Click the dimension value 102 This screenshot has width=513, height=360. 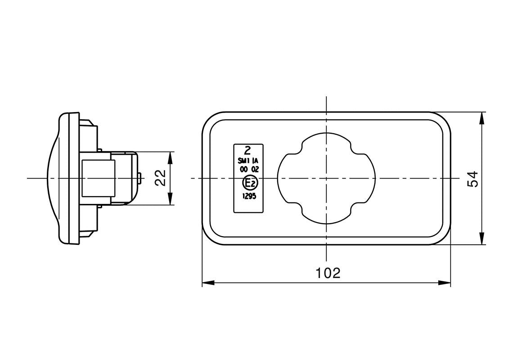pos(328,273)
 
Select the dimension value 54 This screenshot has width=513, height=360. pos(472,179)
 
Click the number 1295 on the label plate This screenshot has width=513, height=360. pos(249,196)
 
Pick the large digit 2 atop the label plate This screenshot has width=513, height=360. pos(247,150)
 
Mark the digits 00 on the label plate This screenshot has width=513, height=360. pos(243,170)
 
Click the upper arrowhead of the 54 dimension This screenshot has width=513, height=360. pos(482,117)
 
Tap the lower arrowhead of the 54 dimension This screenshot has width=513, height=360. pos(482,239)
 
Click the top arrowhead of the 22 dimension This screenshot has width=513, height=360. pos(171,157)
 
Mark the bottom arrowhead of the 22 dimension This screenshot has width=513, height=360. pos(171,200)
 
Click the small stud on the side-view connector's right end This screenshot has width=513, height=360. pos(141,178)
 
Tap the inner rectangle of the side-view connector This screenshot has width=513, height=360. pos(98,178)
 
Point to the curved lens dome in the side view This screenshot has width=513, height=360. pos(53,178)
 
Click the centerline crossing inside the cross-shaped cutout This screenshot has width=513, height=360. pos(327,179)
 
